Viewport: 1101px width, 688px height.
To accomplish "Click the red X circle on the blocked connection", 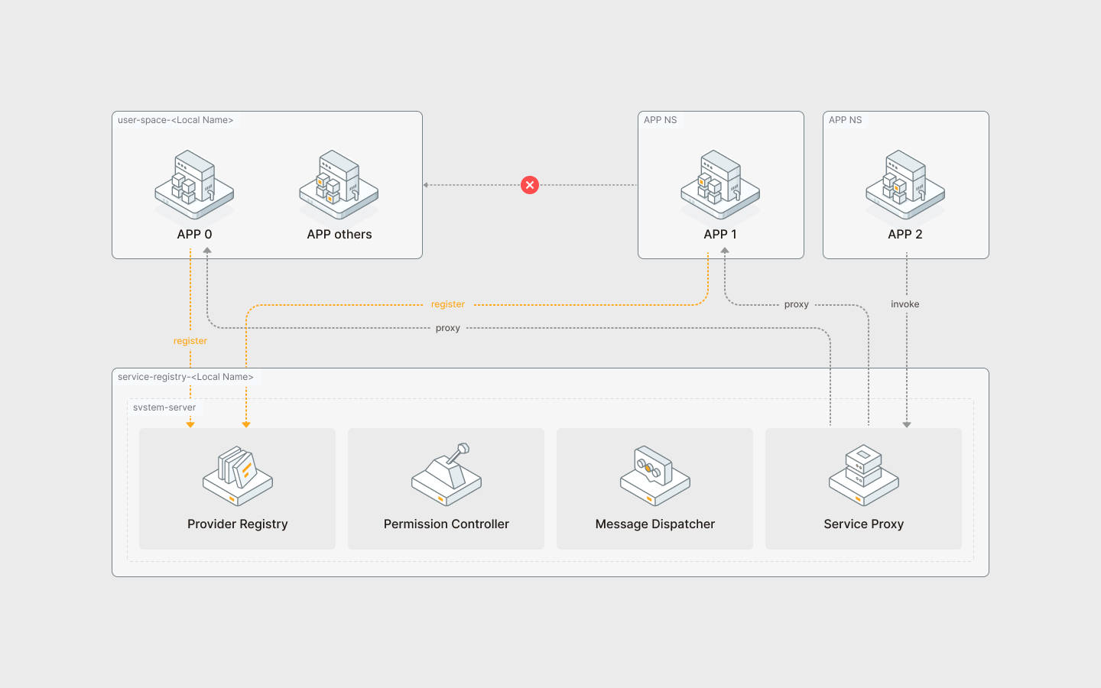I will (x=530, y=185).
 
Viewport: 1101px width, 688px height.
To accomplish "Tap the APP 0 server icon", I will (x=194, y=185).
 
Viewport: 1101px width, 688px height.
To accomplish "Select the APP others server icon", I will (x=339, y=185).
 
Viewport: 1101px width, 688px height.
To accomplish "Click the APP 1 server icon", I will (x=720, y=185).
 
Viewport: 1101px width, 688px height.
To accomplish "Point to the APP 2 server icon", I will (x=905, y=185).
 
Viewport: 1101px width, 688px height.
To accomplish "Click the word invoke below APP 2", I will (x=905, y=304).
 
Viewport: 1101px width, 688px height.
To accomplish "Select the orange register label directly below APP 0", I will (x=190, y=341).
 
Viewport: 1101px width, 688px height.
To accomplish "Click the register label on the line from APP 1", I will (x=448, y=304).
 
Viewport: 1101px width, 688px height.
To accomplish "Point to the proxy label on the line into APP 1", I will (x=797, y=304).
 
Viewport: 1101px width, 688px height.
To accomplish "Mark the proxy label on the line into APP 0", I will (x=448, y=328).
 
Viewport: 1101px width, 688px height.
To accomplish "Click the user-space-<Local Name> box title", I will (x=176, y=120).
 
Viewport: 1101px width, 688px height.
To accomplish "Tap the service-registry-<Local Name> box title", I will (x=186, y=377).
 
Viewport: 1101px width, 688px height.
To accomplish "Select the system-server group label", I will (x=164, y=407).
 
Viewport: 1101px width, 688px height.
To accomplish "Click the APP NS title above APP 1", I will (x=661, y=120).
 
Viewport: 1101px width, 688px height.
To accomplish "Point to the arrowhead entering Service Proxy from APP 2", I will (x=907, y=424).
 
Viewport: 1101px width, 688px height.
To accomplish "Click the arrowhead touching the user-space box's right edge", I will (x=426, y=185).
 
